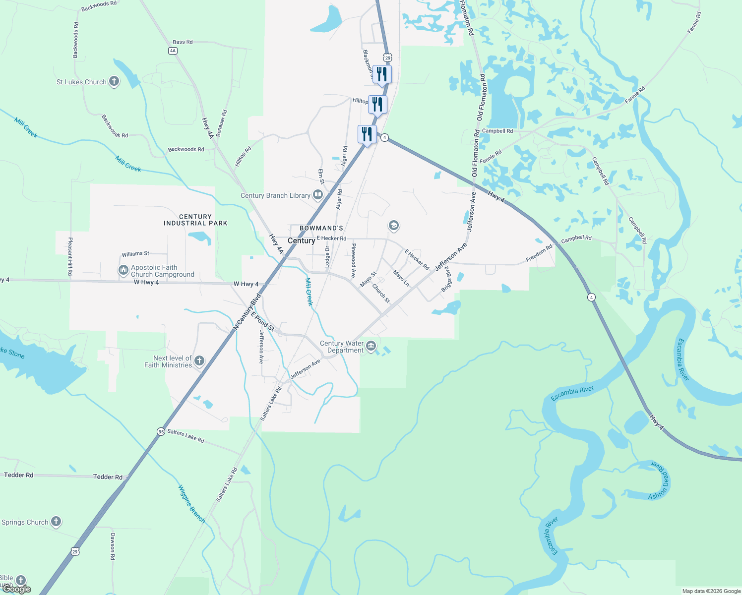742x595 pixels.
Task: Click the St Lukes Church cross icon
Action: coord(114,81)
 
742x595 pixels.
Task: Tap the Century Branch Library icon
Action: coord(318,195)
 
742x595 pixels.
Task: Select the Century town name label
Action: coord(301,240)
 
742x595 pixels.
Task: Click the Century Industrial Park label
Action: coord(195,220)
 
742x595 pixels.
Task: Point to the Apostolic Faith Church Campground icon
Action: coord(123,270)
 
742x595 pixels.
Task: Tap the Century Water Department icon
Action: coord(371,346)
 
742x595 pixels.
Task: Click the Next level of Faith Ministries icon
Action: coord(199,361)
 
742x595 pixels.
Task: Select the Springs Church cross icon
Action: coord(56,522)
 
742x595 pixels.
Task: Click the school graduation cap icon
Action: coord(393,226)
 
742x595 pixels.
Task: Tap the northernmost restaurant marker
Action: coord(382,74)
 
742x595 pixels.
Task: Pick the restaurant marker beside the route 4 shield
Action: coord(367,134)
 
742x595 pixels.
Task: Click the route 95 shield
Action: coord(161,431)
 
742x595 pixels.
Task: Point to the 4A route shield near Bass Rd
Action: coord(173,51)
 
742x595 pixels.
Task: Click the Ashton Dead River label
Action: coord(660,480)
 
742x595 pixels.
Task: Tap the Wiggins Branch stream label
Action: coord(191,503)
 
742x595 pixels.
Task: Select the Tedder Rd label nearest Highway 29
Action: coord(108,477)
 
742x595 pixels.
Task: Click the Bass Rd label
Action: coord(183,42)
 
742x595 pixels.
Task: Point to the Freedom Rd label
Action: coord(539,253)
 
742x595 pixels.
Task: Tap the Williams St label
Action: coord(135,254)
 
